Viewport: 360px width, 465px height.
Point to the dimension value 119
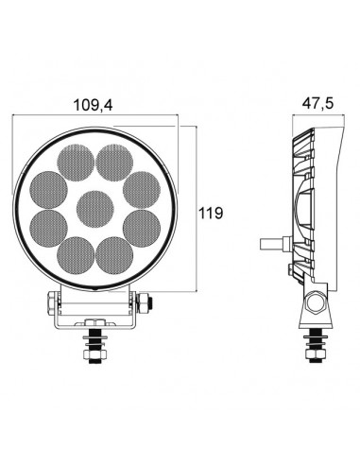pos(211,213)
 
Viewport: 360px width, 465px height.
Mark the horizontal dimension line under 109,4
pos(94,121)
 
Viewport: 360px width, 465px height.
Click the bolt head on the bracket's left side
pos(46,303)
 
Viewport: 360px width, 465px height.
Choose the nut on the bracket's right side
pos(145,303)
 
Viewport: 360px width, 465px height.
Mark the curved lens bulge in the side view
pos(300,213)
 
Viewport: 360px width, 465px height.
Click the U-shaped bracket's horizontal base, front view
pos(95,327)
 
